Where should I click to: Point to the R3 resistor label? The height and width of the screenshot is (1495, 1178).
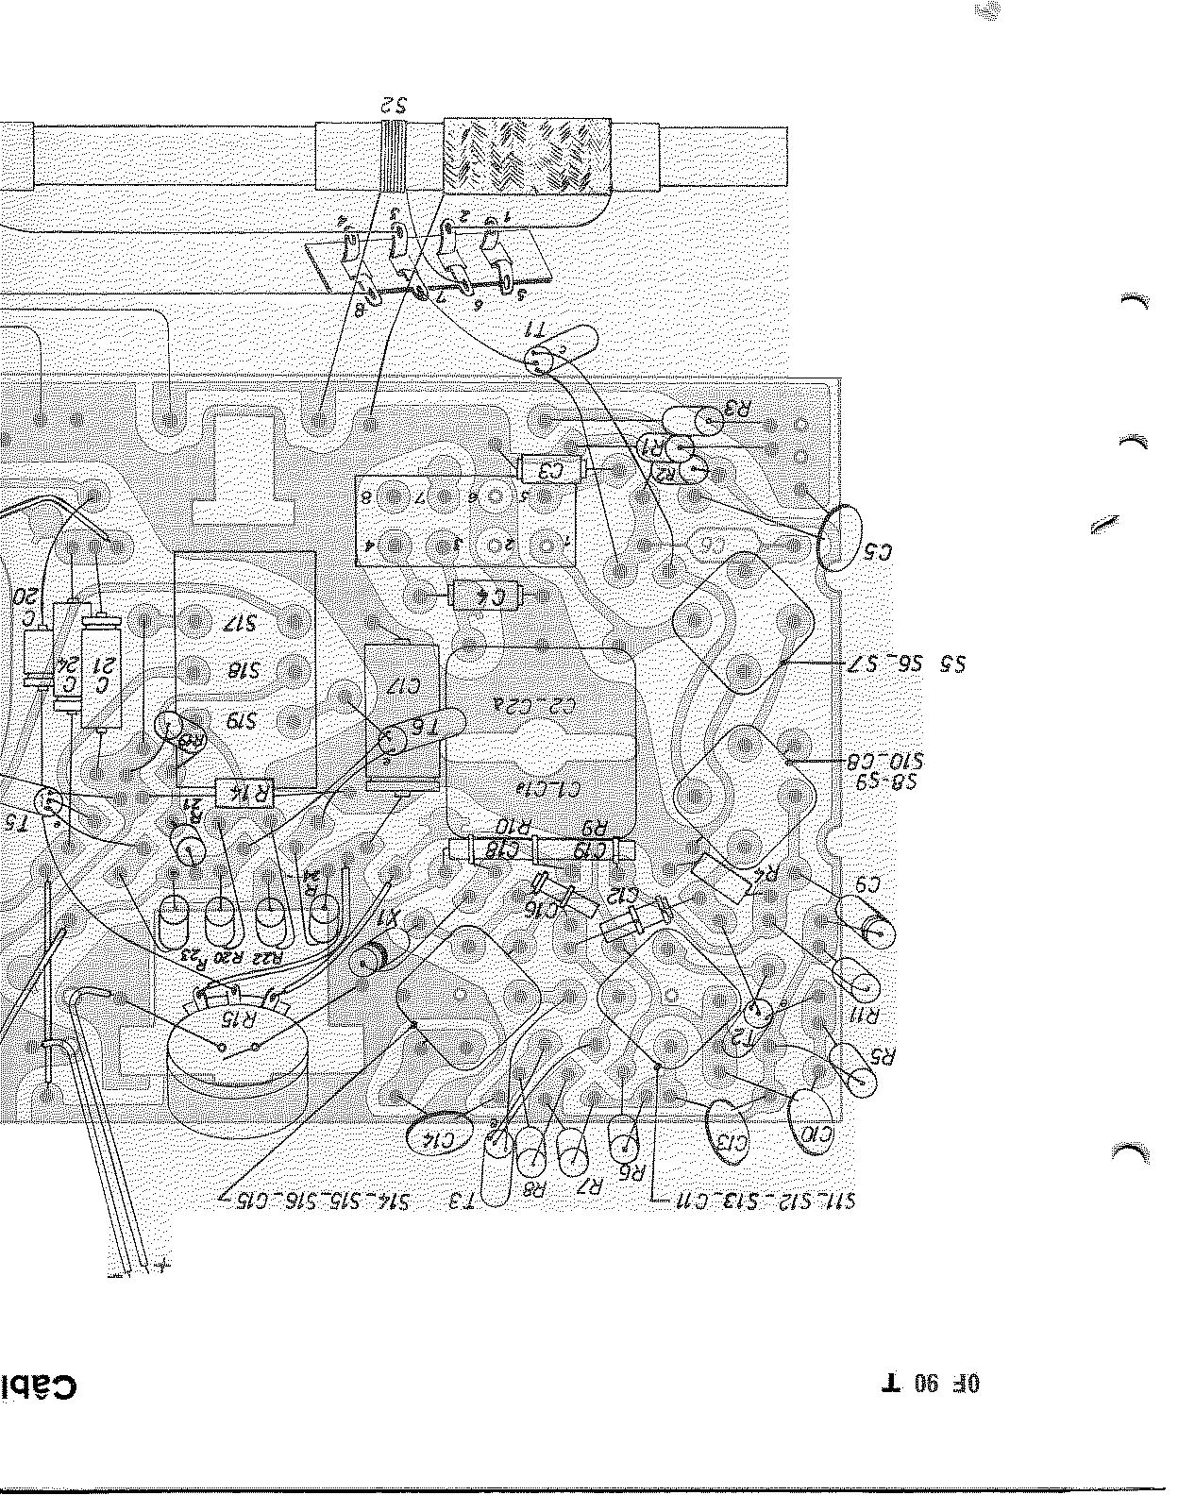(735, 409)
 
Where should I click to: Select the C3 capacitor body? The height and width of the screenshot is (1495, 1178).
(550, 467)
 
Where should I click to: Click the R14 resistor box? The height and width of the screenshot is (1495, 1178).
(244, 794)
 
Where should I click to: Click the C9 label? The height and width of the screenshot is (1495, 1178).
(867, 885)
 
